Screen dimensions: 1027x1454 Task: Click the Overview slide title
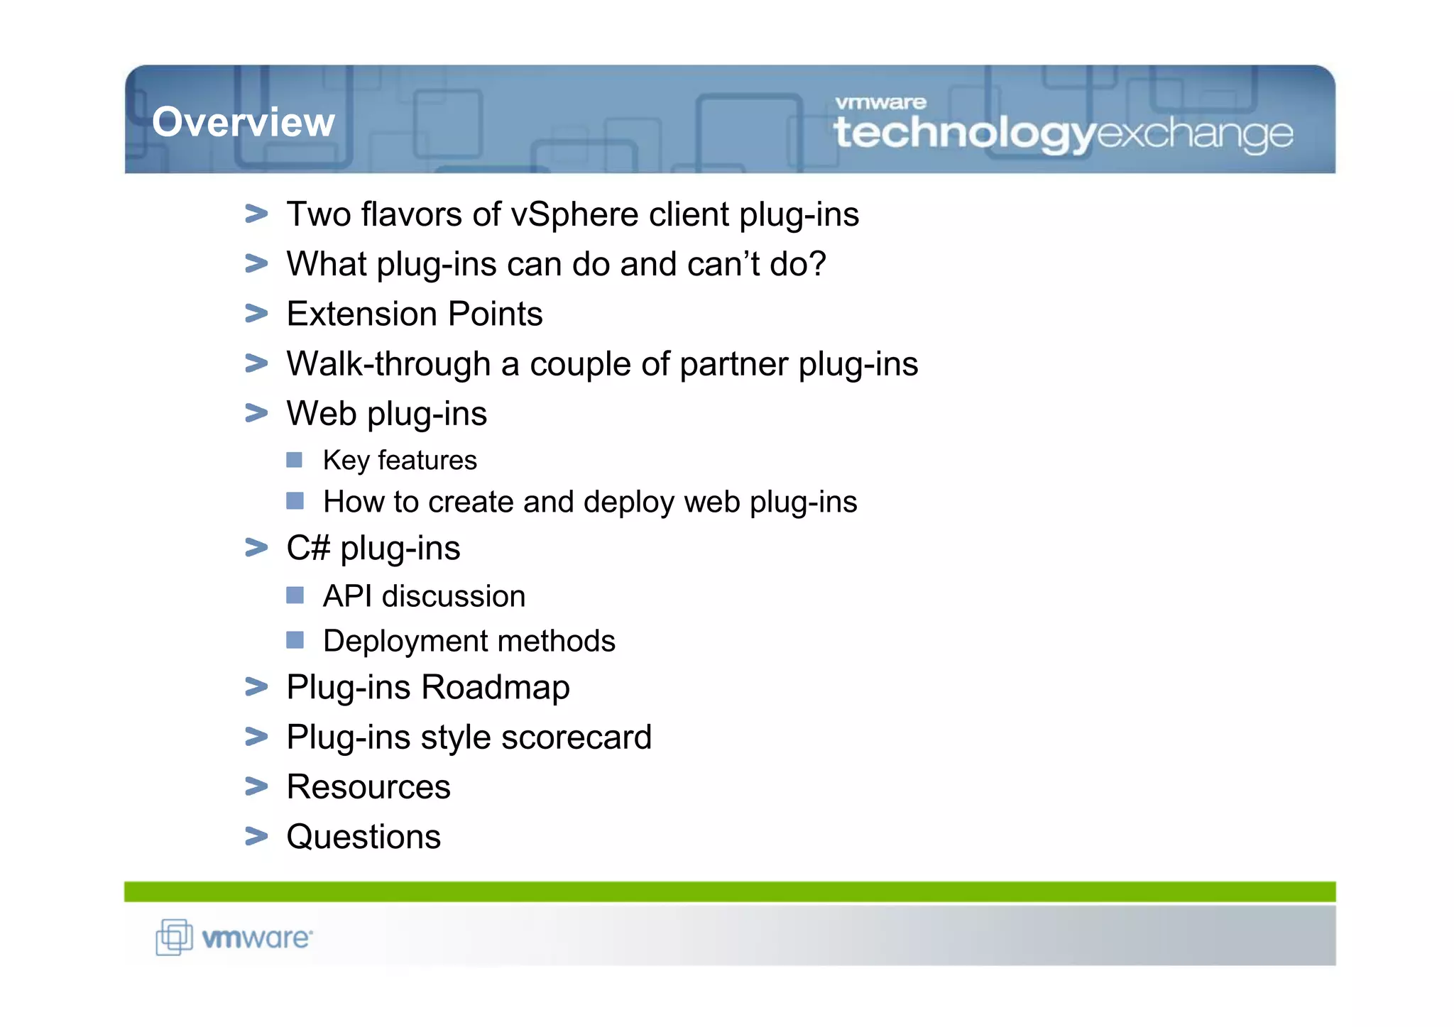243,121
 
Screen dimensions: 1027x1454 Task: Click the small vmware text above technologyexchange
880,103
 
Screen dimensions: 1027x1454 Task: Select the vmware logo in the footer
234,938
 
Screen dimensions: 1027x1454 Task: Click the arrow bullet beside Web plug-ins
256,412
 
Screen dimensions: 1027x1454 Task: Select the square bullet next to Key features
295,460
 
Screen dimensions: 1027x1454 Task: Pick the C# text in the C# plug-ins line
308,548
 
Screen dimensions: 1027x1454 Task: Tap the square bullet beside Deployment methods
295,640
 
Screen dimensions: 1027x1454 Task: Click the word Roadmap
496,687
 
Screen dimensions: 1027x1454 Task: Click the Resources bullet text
368,786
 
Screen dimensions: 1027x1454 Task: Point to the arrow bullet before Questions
256,836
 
